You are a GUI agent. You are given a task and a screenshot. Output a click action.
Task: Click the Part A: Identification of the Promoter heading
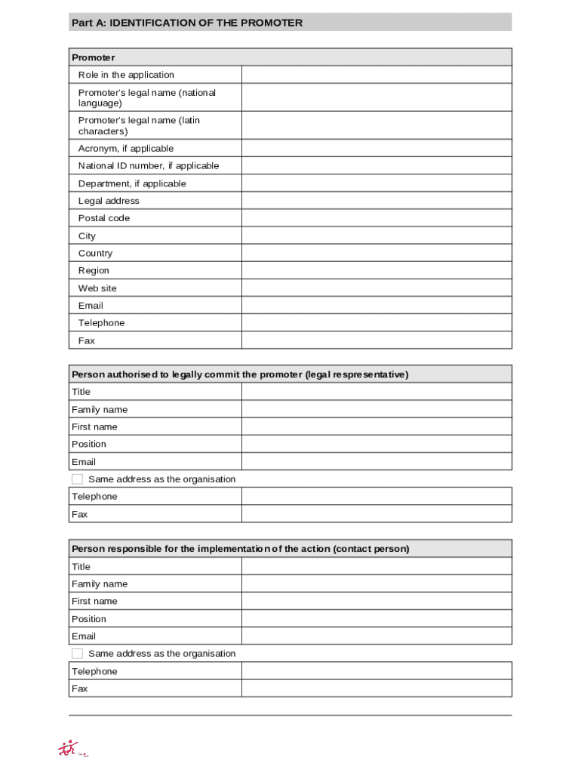point(186,23)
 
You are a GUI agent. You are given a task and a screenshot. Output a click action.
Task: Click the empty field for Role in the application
point(376,75)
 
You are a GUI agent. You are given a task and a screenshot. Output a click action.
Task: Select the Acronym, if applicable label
point(125,149)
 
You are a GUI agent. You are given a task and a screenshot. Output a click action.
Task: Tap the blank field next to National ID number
point(376,166)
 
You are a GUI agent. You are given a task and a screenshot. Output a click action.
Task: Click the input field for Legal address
point(376,201)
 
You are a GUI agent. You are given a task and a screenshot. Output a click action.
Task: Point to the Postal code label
point(104,218)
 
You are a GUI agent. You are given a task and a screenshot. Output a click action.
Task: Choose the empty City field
point(376,236)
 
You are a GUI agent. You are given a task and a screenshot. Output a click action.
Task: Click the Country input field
point(376,253)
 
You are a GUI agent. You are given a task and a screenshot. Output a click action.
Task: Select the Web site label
point(97,288)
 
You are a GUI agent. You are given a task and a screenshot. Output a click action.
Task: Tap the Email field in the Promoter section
point(376,306)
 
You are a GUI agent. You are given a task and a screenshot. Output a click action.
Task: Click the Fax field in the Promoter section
point(376,340)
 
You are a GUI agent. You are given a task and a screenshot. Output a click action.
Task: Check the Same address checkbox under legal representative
point(77,479)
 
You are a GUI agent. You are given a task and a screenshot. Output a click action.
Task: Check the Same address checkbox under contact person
point(77,654)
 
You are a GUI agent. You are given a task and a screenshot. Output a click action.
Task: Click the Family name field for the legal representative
point(376,409)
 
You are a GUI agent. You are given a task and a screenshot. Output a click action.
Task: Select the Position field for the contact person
point(376,619)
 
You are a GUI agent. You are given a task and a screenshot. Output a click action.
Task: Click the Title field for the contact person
point(376,566)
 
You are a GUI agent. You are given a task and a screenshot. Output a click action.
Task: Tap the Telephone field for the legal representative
point(376,497)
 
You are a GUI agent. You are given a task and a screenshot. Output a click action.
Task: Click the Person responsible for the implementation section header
point(240,549)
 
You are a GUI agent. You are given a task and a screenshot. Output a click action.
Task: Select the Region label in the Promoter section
point(94,271)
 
